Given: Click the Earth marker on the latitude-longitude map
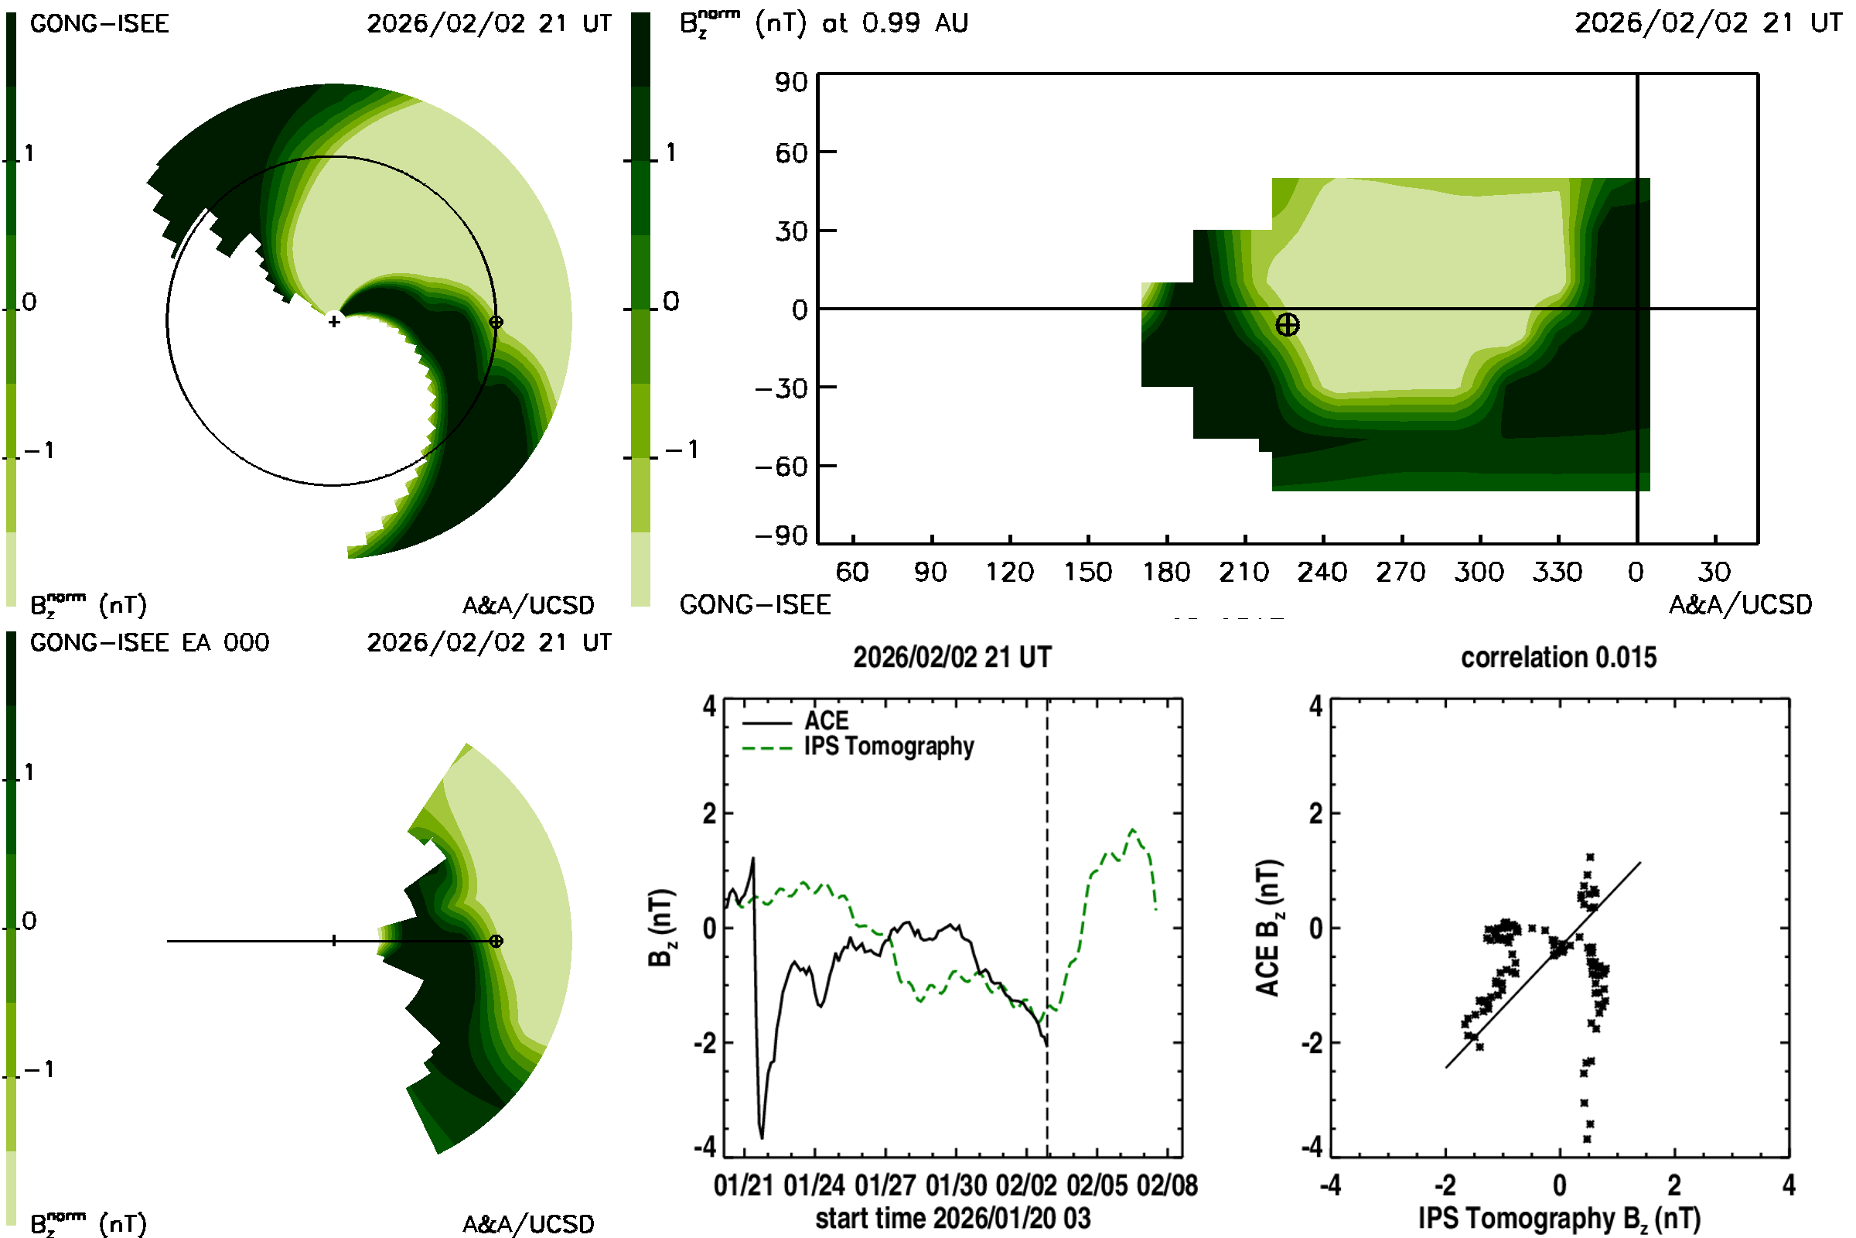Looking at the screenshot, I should click(1287, 324).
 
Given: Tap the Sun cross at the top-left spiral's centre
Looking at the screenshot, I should click(334, 321).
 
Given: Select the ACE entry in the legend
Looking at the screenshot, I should click(826, 721).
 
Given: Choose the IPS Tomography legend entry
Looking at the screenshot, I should click(889, 746).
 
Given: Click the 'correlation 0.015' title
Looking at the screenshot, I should click(1558, 658).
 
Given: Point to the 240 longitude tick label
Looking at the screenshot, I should click(1322, 572).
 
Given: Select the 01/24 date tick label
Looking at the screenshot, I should click(814, 1185).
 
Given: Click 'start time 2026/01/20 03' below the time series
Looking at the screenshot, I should click(953, 1218).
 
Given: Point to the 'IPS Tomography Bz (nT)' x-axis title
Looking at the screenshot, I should click(1558, 1218).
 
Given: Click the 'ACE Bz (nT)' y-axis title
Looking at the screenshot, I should click(1267, 929).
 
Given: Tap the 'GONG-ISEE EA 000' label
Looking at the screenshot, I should click(149, 643).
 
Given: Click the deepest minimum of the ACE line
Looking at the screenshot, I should click(763, 1137).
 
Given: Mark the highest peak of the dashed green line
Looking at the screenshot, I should click(1133, 829).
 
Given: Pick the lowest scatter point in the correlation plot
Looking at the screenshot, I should click(1587, 1138).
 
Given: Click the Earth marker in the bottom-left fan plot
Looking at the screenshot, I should click(496, 941).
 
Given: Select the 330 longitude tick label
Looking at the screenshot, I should click(1557, 572).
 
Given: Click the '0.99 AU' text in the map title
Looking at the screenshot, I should click(915, 23).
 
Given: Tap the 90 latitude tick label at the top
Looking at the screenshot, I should click(790, 82).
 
